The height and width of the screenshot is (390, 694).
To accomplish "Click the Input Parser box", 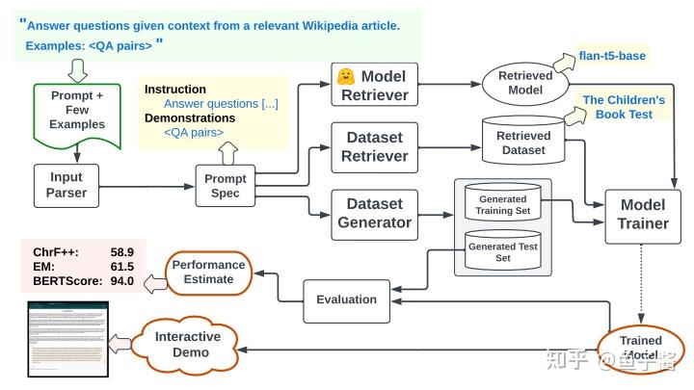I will (x=67, y=185).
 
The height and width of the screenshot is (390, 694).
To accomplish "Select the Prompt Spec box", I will (x=227, y=186).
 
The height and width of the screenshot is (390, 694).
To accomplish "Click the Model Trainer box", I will (x=643, y=214).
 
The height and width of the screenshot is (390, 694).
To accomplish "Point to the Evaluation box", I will (x=346, y=299).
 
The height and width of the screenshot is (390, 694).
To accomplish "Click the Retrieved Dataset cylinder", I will (x=523, y=143).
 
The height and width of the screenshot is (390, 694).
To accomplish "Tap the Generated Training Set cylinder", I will (x=502, y=205).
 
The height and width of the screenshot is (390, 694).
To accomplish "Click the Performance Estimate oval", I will (x=209, y=272).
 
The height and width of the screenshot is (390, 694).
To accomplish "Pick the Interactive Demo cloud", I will (x=188, y=344).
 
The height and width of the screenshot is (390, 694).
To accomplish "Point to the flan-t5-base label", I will (x=612, y=55).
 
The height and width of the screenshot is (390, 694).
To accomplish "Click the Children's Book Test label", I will (x=624, y=107).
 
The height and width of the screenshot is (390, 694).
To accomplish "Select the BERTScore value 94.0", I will (x=121, y=282).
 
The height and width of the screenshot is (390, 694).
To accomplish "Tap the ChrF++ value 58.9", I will (x=121, y=251).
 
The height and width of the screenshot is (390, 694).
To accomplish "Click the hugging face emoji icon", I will (x=343, y=75).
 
